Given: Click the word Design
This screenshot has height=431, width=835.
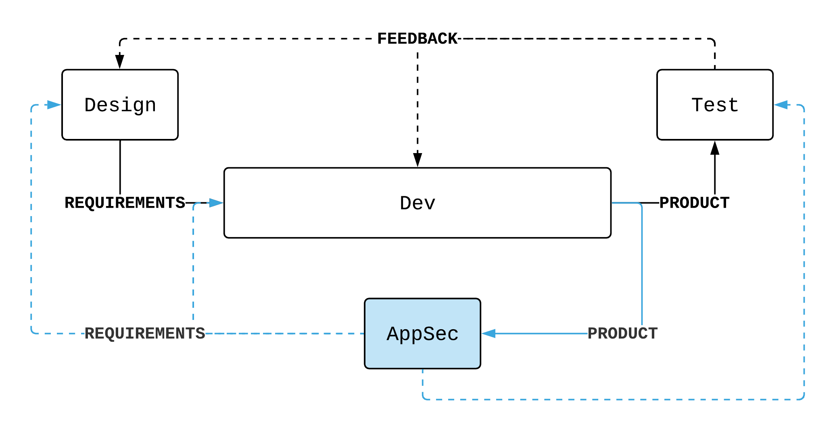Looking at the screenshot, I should [120, 105].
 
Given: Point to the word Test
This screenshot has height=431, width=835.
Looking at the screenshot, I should [715, 105].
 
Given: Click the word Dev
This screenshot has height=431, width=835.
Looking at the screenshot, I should [417, 203].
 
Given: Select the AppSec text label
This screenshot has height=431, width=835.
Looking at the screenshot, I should [422, 334].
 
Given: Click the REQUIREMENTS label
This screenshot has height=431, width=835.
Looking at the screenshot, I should [145, 334].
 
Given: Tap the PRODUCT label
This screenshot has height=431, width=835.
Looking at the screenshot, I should [622, 334].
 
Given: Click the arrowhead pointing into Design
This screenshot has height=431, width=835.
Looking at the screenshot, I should [54, 105].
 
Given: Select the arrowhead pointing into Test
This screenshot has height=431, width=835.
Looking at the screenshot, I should [781, 105].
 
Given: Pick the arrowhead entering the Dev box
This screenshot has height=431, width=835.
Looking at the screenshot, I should [216, 203].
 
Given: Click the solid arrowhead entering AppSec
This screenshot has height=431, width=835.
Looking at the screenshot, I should [488, 334].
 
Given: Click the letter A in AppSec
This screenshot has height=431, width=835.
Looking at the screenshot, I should [392, 334].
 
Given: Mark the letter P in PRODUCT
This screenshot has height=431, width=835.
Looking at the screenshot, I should [593, 334].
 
